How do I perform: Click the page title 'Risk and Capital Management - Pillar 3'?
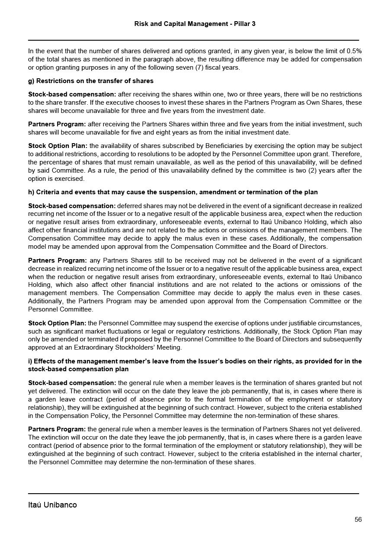(x=195, y=24)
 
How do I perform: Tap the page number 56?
(x=358, y=520)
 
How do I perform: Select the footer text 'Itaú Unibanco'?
(x=52, y=505)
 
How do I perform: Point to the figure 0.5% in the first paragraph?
(x=354, y=51)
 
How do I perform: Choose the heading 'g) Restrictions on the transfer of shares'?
(x=91, y=81)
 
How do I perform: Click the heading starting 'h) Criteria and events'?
(x=173, y=192)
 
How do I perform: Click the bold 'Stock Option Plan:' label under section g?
(x=58, y=146)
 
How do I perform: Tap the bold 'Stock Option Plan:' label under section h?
(x=58, y=323)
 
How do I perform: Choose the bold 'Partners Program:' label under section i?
(x=57, y=429)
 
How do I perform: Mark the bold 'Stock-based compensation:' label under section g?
(x=72, y=94)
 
